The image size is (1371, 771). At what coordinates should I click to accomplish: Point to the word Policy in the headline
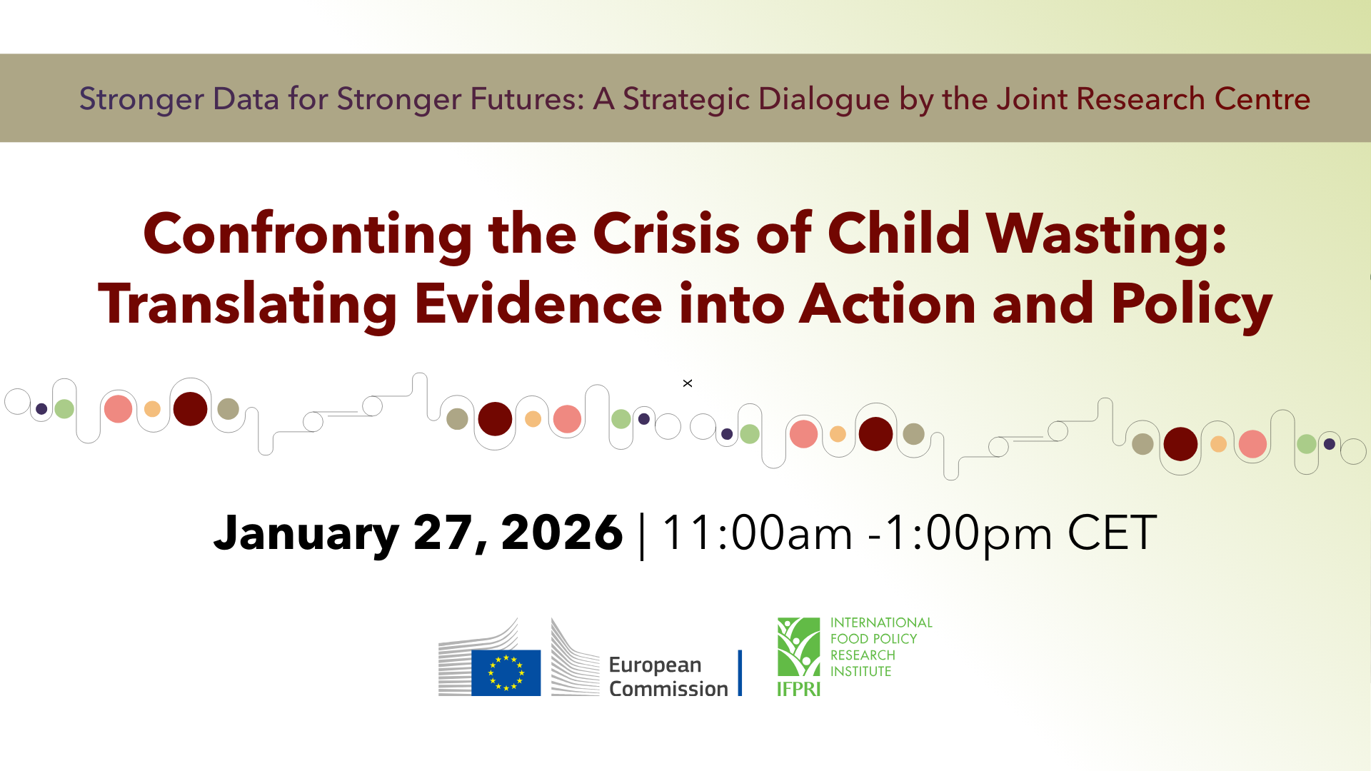click(x=1192, y=306)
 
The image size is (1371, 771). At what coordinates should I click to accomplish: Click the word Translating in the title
click(x=247, y=306)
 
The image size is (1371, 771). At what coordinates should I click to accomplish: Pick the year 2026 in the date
click(x=562, y=533)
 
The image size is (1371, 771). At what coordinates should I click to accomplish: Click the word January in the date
click(x=306, y=534)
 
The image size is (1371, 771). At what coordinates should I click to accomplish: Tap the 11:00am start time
click(x=758, y=533)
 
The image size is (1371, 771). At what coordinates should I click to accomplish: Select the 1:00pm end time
click(x=968, y=534)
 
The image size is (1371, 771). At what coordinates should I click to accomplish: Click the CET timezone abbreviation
click(x=1112, y=533)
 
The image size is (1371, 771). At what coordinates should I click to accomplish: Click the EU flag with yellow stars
click(x=506, y=672)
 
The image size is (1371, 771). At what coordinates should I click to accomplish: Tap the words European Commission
click(x=668, y=676)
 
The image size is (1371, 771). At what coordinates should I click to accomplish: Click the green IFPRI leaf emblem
click(x=798, y=647)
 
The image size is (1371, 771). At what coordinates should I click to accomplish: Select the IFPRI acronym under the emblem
click(x=798, y=689)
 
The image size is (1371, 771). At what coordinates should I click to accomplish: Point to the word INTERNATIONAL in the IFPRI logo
click(x=881, y=623)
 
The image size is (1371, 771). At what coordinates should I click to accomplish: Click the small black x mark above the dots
click(x=688, y=383)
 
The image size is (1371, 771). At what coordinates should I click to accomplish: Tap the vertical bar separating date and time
click(x=643, y=536)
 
